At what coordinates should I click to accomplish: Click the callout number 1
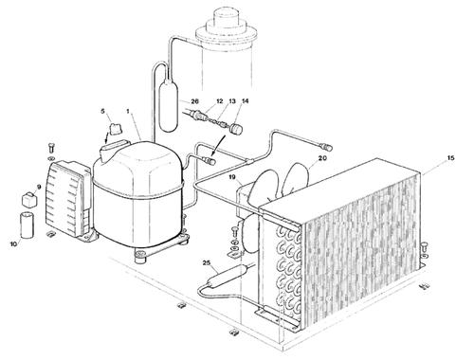(128, 111)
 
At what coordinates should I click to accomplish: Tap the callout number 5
(102, 111)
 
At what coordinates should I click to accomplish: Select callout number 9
(39, 188)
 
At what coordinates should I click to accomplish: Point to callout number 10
(13, 244)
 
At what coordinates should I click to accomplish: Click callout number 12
(220, 101)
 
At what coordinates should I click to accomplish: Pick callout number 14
(246, 101)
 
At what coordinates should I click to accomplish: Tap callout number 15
(450, 157)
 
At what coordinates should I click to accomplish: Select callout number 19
(232, 177)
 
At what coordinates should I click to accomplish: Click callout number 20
(322, 158)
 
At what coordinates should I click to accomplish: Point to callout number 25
(207, 262)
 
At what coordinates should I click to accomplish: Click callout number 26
(194, 101)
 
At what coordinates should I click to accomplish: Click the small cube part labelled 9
(28, 200)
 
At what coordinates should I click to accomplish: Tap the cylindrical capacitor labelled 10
(27, 225)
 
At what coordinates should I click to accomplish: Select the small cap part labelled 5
(116, 129)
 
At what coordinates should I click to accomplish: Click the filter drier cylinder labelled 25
(227, 276)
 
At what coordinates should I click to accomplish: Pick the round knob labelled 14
(236, 129)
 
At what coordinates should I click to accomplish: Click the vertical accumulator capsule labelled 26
(169, 106)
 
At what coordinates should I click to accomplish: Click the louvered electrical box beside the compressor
(68, 199)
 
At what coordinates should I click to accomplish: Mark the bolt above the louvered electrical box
(51, 149)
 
